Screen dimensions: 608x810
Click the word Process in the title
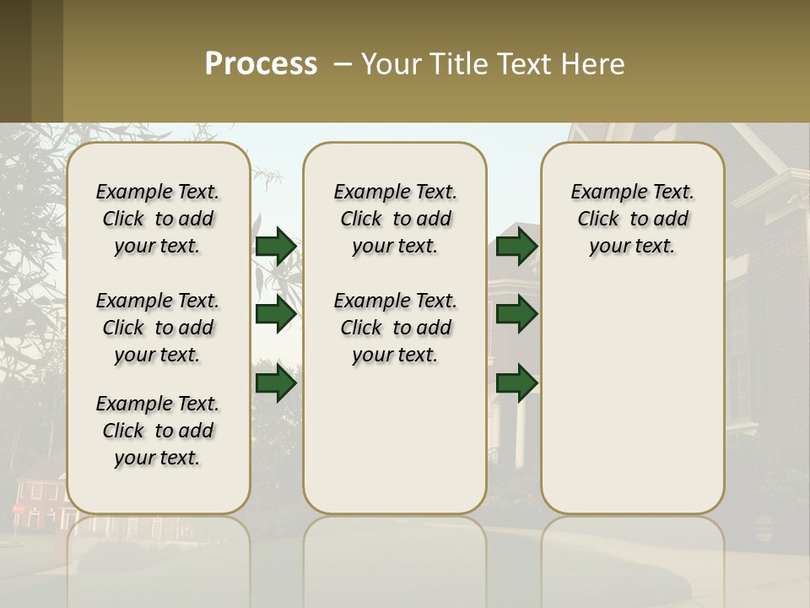pos(261,64)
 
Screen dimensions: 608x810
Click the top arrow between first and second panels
pos(276,246)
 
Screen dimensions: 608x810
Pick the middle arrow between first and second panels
pos(276,314)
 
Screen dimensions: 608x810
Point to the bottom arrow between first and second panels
pos(276,383)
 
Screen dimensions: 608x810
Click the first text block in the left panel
pos(158,219)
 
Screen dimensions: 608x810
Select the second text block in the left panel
pos(158,328)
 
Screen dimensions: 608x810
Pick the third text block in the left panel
pos(158,431)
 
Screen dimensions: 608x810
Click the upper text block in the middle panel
pos(395,219)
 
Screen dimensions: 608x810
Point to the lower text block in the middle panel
pos(395,328)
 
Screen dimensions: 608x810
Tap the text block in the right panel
pos(632,219)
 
